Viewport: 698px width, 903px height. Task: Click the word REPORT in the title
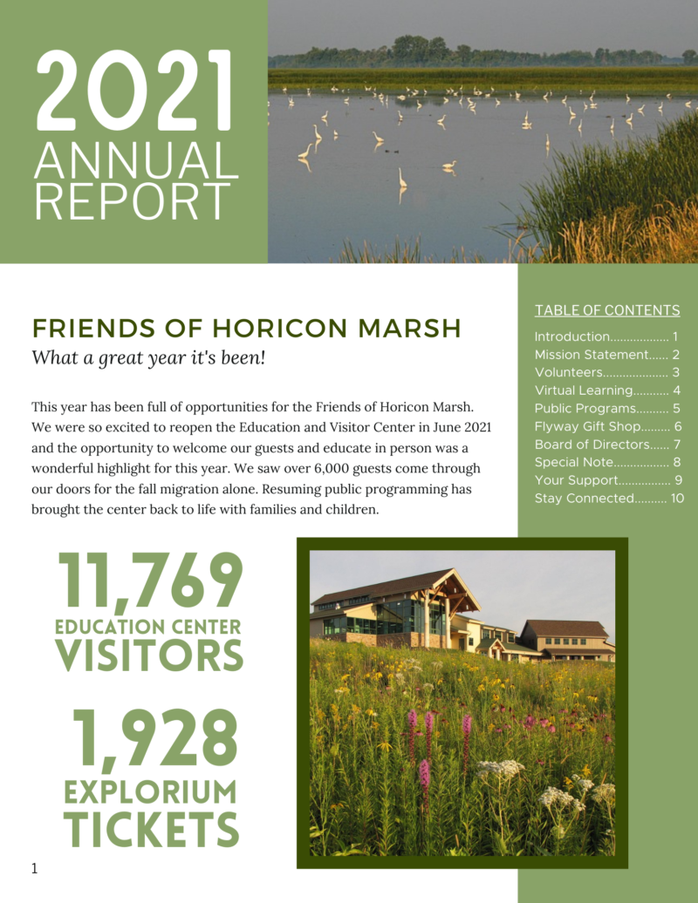(x=133, y=200)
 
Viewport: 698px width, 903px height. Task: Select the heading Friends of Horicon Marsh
(x=247, y=328)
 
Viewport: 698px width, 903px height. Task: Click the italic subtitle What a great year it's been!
(x=147, y=357)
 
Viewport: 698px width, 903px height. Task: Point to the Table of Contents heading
(x=607, y=310)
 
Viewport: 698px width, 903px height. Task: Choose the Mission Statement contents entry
(x=591, y=355)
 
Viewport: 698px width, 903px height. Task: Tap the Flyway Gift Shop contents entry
(x=588, y=426)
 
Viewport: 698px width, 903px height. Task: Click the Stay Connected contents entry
(x=584, y=499)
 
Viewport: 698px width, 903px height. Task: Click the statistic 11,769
(x=149, y=584)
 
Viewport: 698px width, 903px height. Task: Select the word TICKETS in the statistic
(x=151, y=828)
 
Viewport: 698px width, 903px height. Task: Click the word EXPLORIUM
(x=151, y=792)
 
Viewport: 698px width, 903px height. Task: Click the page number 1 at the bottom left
(x=34, y=867)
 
